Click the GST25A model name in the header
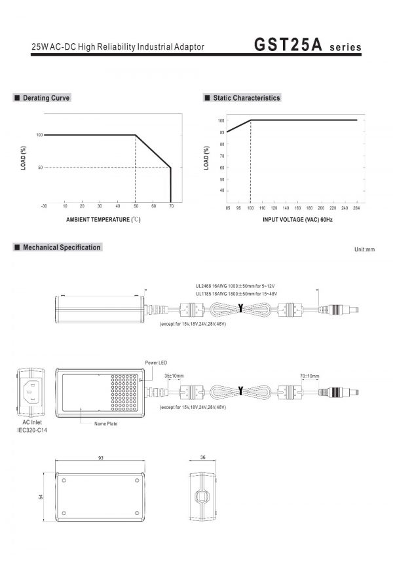pos(288,45)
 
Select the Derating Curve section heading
pos(47,98)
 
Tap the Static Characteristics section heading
pos(246,98)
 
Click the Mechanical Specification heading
pos(62,247)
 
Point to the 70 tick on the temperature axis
pos(172,206)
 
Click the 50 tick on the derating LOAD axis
pos(40,168)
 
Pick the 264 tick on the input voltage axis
pos(356,208)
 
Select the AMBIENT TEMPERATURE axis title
pos(103,220)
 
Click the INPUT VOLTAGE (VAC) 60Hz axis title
pos(297,220)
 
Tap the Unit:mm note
pos(365,249)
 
